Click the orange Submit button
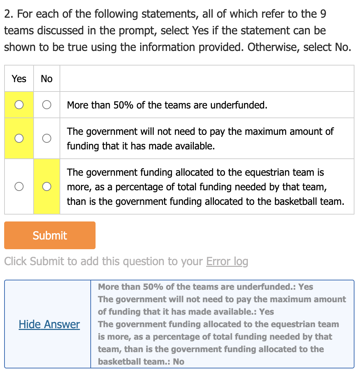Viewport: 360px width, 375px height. pos(49,235)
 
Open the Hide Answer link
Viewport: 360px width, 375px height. pos(49,324)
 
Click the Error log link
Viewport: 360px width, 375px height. pos(227,261)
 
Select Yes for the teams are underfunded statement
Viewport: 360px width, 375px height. pos(19,105)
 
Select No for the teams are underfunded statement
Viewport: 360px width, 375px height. pos(47,105)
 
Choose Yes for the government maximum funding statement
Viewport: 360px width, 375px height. pos(19,138)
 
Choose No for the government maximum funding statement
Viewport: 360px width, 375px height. pos(47,138)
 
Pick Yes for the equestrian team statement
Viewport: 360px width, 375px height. pos(19,186)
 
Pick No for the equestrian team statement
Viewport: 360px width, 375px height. pos(47,186)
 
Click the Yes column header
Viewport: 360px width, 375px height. pos(19,79)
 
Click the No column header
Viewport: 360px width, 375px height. pos(47,79)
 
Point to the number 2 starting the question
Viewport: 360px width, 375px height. pos(8,14)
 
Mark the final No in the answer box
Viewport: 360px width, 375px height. pos(179,361)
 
